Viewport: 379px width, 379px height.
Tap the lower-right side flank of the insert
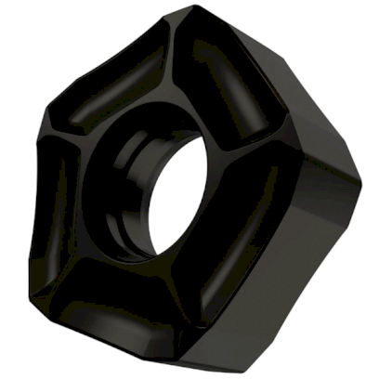click(x=297, y=269)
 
